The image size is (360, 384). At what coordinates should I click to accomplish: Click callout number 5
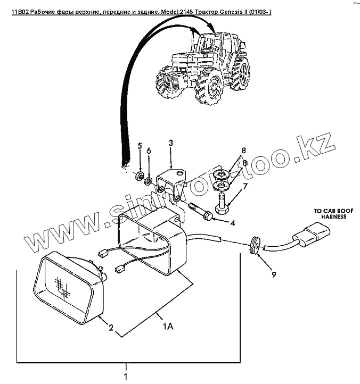140,146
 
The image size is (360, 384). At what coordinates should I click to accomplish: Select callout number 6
149,152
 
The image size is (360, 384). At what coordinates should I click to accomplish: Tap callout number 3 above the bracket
170,143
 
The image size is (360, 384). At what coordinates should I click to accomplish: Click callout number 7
245,186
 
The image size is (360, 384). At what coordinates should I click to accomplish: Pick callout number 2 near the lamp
111,328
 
